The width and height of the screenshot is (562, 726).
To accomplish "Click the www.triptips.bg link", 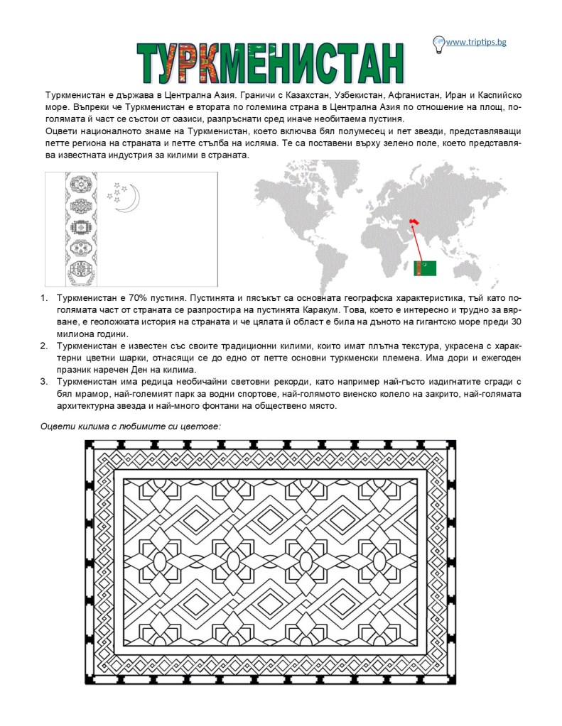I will point(477,43).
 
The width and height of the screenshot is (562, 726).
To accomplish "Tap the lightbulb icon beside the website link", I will point(438,43).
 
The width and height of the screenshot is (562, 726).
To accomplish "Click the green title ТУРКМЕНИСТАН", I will point(271,62).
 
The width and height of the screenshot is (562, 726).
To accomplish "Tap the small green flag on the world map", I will point(426,268).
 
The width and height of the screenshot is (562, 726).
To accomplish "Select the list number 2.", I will point(43,346).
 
